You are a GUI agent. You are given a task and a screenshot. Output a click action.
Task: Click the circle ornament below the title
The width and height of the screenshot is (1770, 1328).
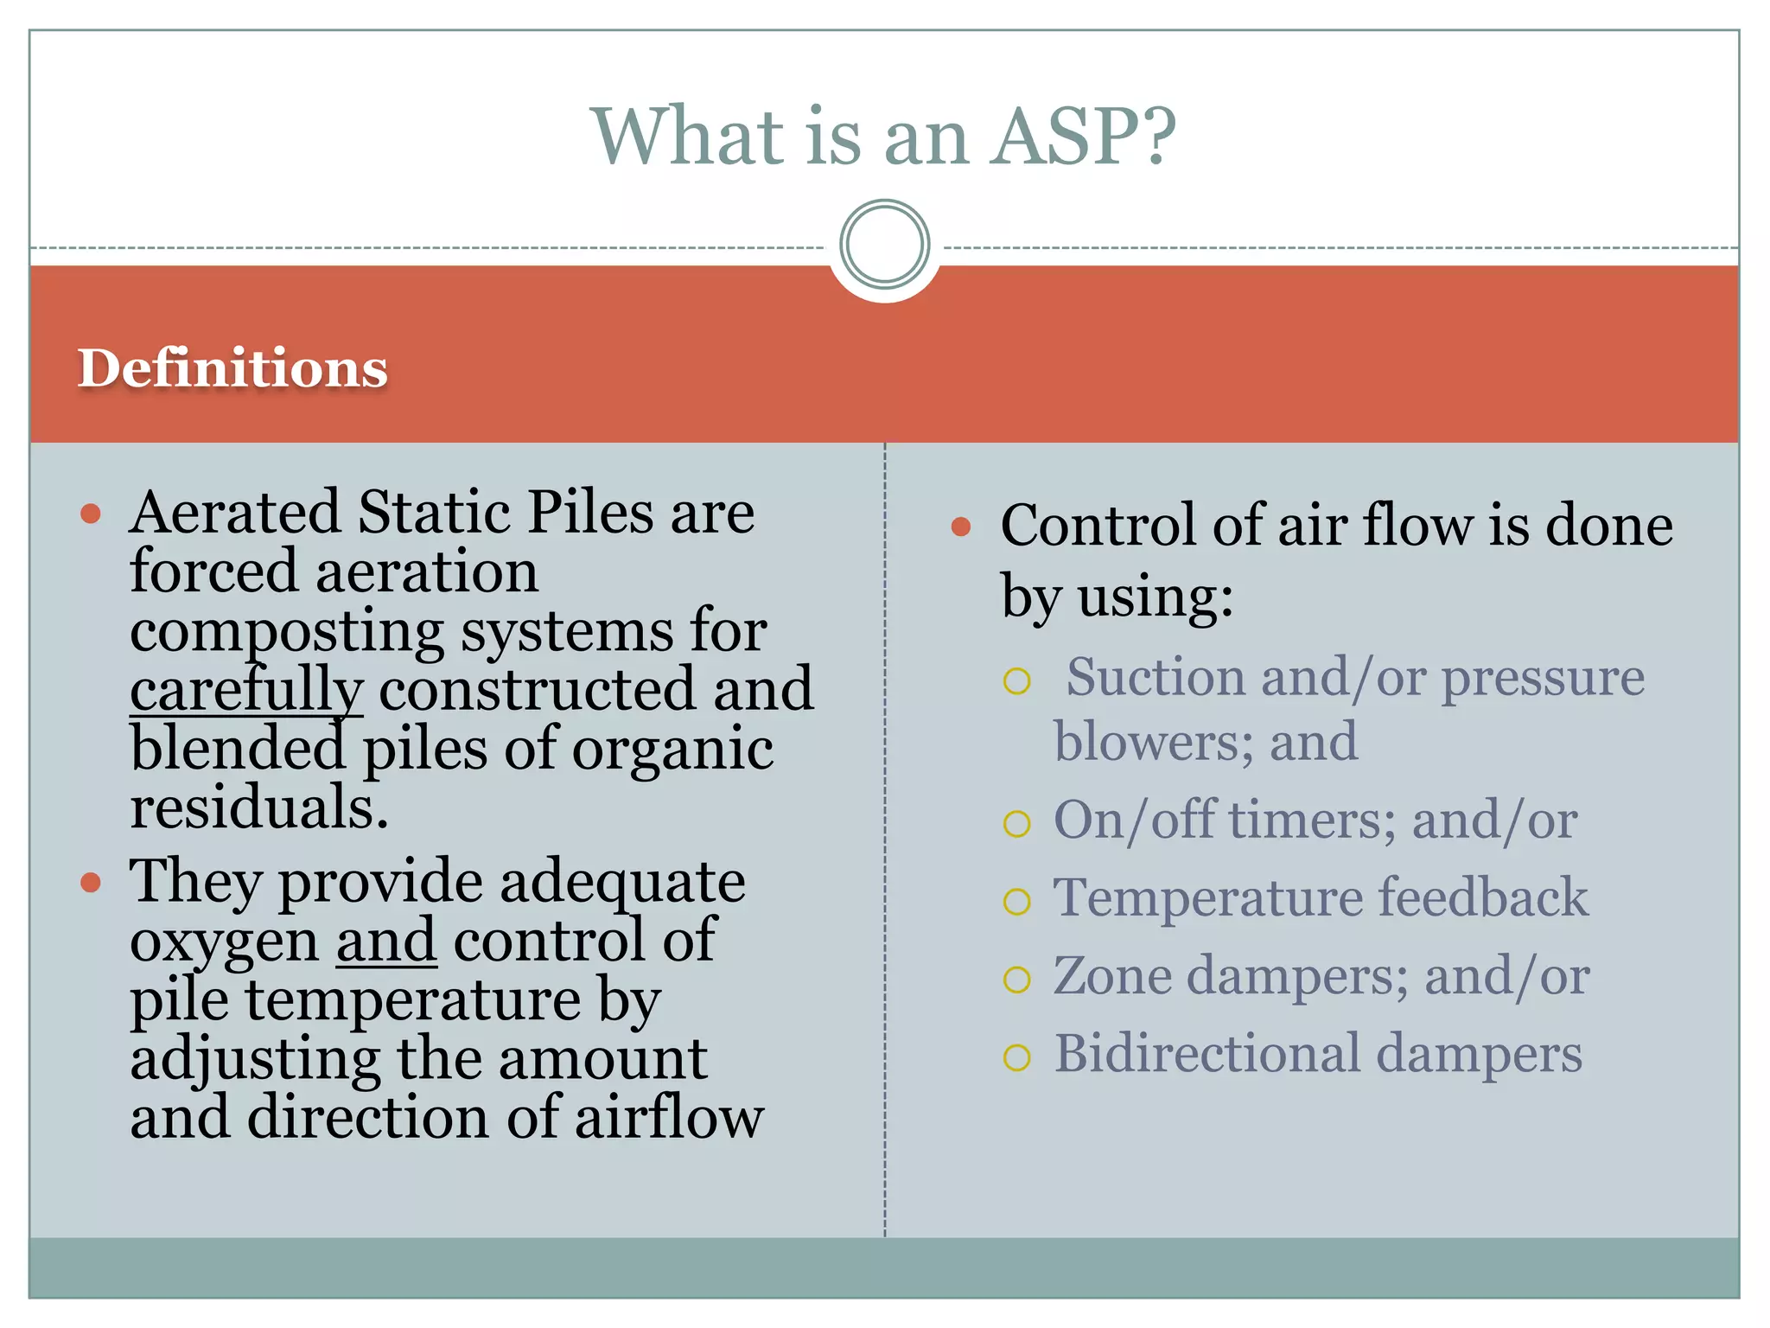[884, 245]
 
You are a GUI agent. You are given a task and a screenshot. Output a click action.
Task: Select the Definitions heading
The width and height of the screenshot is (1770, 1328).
[232, 368]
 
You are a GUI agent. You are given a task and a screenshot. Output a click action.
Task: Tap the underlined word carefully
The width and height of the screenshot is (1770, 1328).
[246, 690]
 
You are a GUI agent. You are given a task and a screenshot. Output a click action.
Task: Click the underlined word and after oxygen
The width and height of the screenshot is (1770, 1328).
[386, 941]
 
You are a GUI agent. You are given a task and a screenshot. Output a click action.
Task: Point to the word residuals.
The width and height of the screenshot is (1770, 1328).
[259, 808]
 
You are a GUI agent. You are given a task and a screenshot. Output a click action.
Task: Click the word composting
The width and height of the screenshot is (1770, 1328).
[287, 631]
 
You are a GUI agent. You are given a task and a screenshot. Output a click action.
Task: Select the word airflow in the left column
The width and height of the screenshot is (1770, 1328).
[669, 1118]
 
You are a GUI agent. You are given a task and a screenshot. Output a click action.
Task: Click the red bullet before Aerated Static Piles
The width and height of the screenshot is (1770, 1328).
[91, 514]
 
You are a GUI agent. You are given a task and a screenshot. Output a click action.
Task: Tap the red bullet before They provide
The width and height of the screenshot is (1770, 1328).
[91, 883]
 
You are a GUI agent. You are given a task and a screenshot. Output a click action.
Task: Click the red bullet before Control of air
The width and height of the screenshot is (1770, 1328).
[961, 527]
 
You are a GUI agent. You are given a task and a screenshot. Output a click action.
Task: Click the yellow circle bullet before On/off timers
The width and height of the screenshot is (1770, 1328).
[1017, 823]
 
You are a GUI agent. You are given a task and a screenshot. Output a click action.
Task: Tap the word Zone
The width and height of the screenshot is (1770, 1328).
[1111, 976]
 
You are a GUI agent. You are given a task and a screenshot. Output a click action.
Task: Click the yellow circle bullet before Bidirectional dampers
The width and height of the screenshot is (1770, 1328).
[1017, 1057]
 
